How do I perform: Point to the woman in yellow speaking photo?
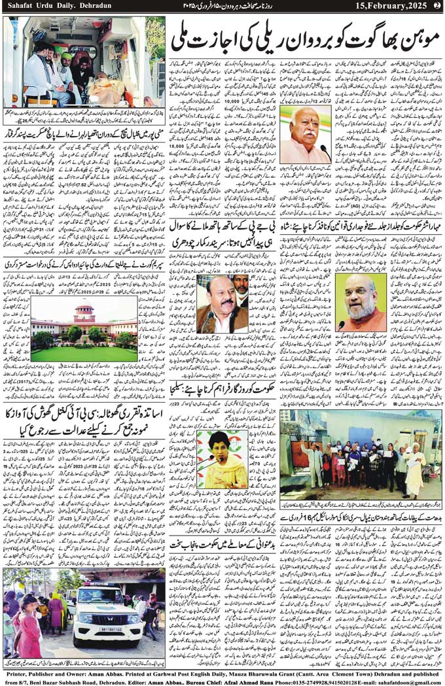222,459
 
